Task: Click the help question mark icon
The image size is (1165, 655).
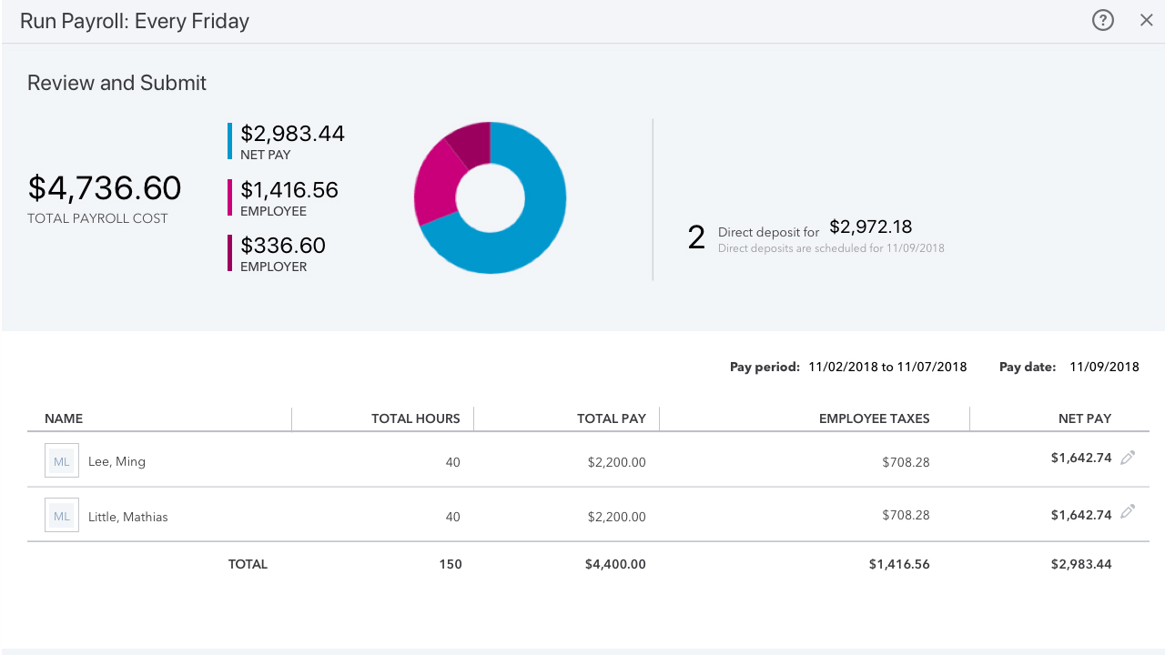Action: point(1103,20)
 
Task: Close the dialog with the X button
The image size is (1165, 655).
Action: point(1147,20)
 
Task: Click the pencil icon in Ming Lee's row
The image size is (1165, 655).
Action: point(1128,458)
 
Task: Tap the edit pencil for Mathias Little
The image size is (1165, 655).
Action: point(1128,512)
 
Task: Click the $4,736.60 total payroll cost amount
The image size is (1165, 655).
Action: point(105,188)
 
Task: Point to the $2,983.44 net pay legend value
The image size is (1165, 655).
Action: point(292,134)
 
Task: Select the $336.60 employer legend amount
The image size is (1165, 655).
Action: point(282,246)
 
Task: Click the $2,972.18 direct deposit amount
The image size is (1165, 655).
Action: point(870,227)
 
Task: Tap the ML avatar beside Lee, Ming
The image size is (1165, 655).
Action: point(62,461)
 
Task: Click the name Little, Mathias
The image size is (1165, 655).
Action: point(127,517)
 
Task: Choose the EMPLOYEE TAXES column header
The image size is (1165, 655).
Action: point(874,418)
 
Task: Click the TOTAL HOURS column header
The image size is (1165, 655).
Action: point(415,418)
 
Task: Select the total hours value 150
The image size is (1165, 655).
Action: point(451,564)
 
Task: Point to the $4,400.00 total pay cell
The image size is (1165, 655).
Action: point(615,564)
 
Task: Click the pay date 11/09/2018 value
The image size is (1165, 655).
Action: point(1104,367)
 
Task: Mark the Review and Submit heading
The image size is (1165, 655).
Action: point(116,83)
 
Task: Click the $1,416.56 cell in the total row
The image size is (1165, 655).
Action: point(899,564)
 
